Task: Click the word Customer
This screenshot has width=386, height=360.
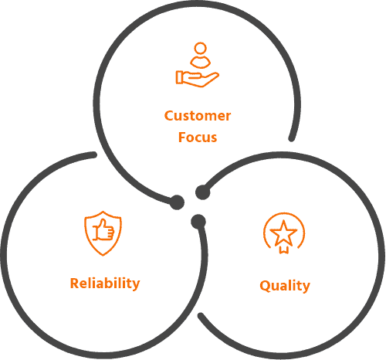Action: point(198,116)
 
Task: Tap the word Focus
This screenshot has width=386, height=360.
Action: point(198,137)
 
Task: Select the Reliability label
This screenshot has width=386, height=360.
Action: point(105,284)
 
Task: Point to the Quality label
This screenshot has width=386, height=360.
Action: point(285,286)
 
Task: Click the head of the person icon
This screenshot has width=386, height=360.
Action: point(200,48)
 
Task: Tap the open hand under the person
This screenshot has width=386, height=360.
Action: point(198,78)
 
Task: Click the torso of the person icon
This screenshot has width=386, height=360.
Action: point(200,62)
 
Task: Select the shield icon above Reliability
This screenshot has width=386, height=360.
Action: point(103,233)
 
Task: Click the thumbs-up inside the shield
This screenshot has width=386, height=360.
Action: point(103,230)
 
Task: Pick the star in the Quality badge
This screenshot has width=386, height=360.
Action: point(283,233)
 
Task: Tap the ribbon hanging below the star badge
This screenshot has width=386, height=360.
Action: point(284,249)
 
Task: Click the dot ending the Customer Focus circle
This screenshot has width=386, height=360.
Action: point(177,202)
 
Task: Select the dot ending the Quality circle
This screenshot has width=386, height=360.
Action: point(202,192)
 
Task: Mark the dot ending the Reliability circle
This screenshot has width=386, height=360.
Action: point(198,221)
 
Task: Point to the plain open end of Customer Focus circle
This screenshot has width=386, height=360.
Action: point(292,138)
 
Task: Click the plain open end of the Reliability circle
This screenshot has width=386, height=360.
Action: point(94,155)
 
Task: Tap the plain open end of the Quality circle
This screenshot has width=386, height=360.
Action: point(201,316)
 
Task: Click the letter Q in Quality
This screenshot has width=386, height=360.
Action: point(264,287)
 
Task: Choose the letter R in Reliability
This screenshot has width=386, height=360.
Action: point(75,284)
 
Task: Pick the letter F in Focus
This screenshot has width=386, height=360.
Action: point(182,137)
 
